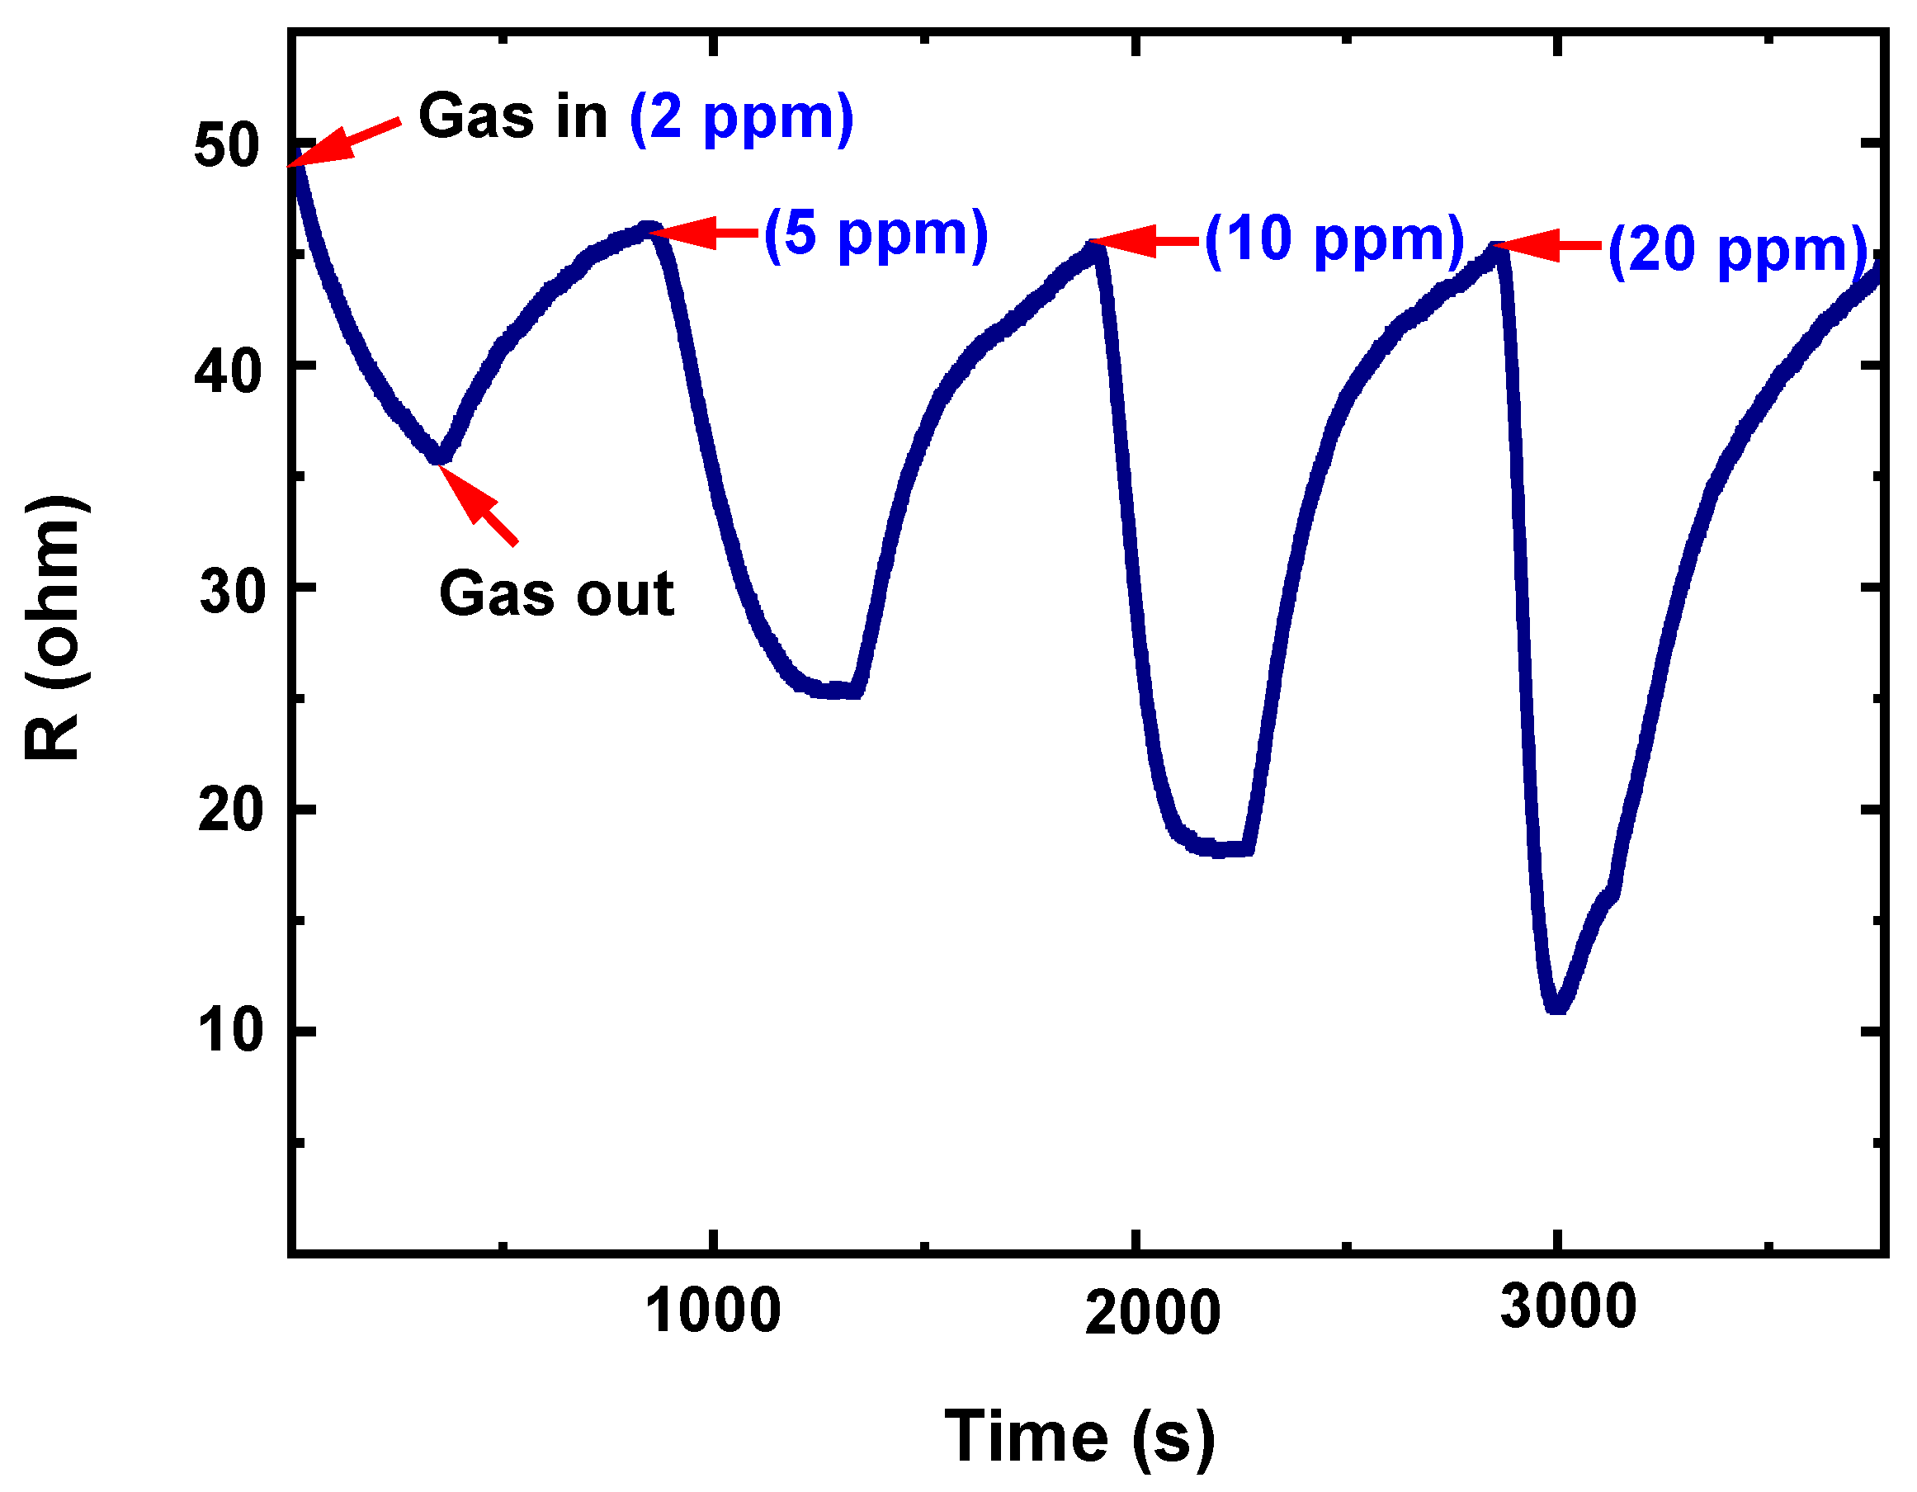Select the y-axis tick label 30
(232, 592)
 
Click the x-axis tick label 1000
(713, 1312)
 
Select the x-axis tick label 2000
(1153, 1314)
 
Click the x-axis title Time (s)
(1079, 1437)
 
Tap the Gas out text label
(556, 594)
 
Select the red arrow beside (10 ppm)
(1145, 240)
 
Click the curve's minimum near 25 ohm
(833, 691)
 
